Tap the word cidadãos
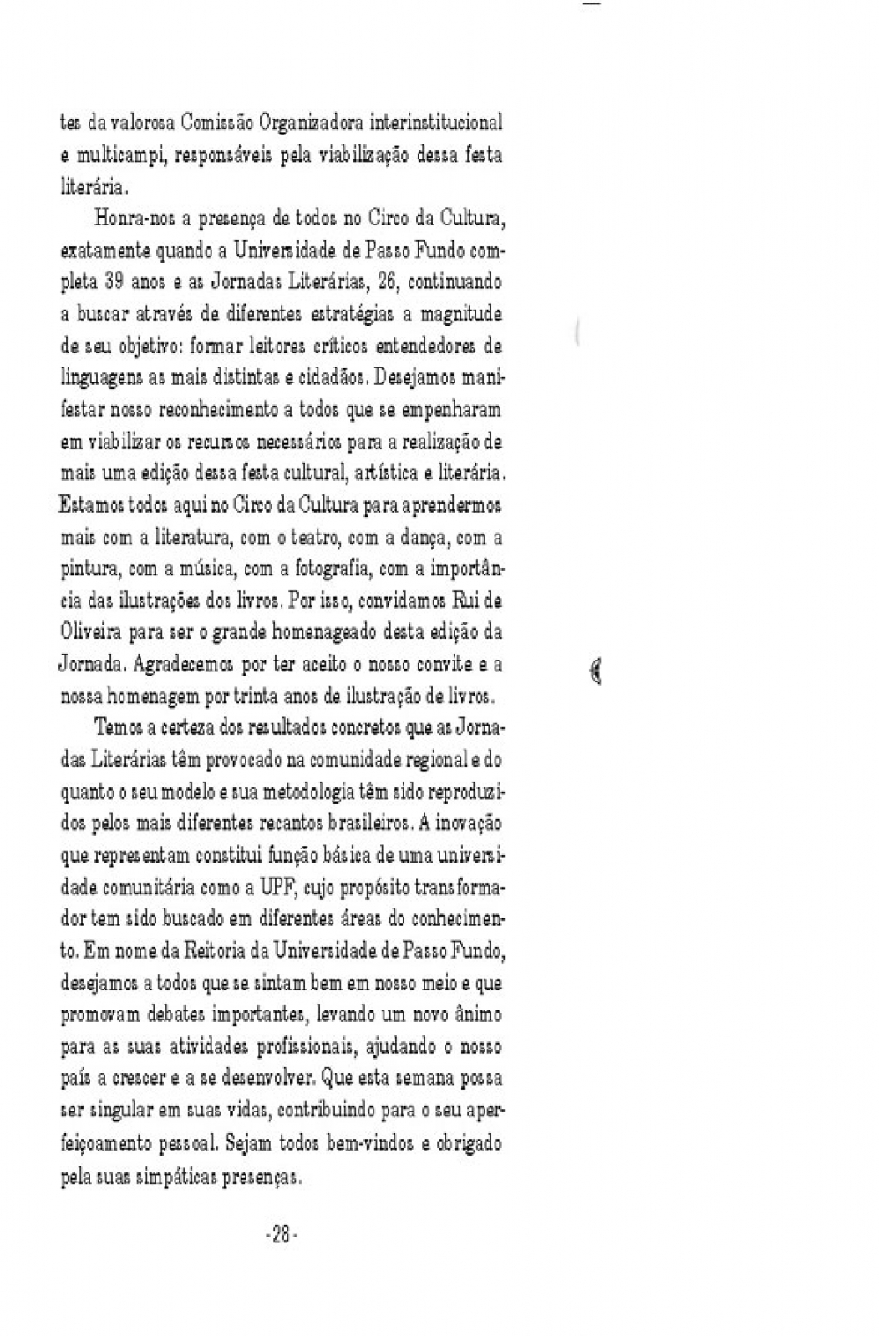pos(333,378)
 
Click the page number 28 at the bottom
pos(281,1235)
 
